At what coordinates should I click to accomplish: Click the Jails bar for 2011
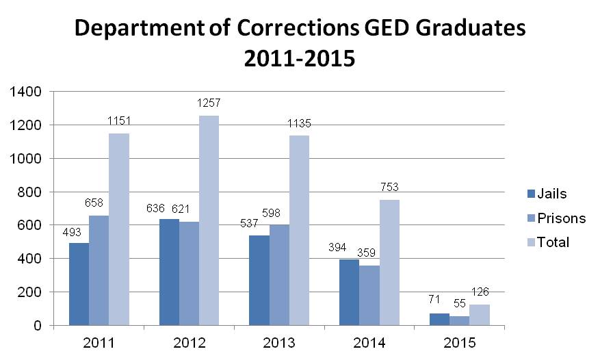[79, 284]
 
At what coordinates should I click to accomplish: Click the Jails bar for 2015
[439, 319]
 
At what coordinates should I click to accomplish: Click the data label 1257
[209, 103]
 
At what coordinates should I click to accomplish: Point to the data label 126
[480, 292]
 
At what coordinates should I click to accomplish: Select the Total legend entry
[547, 242]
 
